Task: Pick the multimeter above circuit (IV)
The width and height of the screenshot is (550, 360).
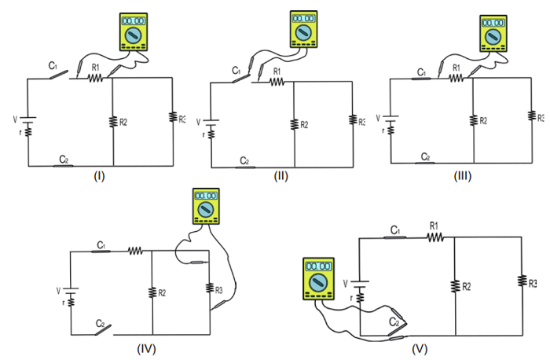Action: [x=207, y=208]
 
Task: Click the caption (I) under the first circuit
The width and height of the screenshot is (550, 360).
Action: [x=99, y=176]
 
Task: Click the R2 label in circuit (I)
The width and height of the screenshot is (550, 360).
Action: [x=123, y=122]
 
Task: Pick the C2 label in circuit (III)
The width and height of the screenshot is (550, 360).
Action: [x=425, y=156]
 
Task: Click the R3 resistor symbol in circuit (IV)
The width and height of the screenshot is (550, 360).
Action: [x=210, y=290]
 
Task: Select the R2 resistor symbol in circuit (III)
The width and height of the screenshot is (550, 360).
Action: [x=474, y=120]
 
